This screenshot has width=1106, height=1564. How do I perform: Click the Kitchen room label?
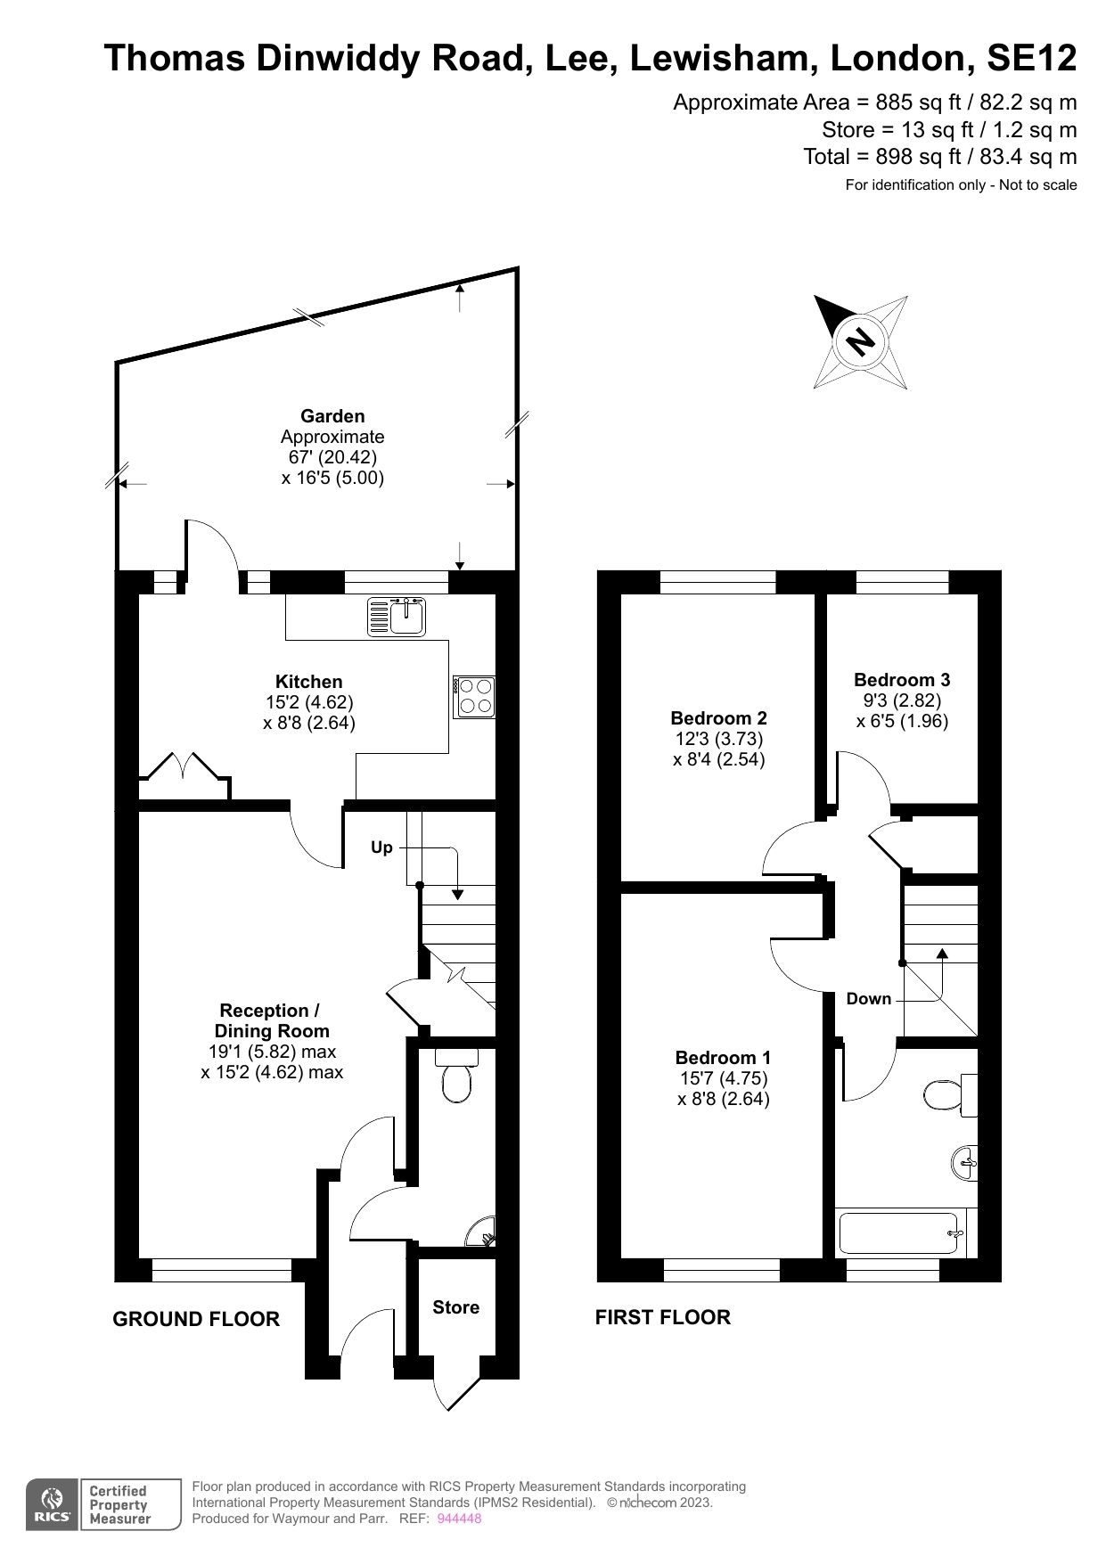click(309, 682)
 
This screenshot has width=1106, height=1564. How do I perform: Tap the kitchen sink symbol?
click(397, 618)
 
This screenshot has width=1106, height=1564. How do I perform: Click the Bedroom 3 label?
click(902, 680)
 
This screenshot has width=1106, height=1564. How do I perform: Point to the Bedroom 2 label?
click(718, 718)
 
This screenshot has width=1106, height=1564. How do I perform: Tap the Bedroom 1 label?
click(723, 1058)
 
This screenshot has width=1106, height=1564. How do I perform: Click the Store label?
click(455, 1307)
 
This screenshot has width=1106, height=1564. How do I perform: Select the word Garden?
click(332, 416)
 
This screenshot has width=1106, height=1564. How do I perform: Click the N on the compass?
click(860, 342)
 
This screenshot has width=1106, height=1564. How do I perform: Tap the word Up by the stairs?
click(381, 848)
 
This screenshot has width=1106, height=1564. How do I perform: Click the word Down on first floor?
click(869, 999)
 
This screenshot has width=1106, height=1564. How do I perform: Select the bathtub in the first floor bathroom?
click(901, 1233)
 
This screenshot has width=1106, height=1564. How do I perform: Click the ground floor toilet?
click(456, 1076)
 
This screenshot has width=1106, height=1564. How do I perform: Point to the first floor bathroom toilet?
click(950, 1095)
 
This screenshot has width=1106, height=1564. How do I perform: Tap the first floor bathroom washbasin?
click(965, 1163)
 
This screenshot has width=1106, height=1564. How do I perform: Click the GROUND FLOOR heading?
click(196, 1319)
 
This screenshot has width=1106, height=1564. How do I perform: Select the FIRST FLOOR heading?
click(663, 1317)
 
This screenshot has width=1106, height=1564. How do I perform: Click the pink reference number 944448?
click(459, 1519)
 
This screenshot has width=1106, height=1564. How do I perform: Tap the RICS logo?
click(53, 1504)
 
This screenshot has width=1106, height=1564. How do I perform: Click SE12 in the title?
click(1031, 58)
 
